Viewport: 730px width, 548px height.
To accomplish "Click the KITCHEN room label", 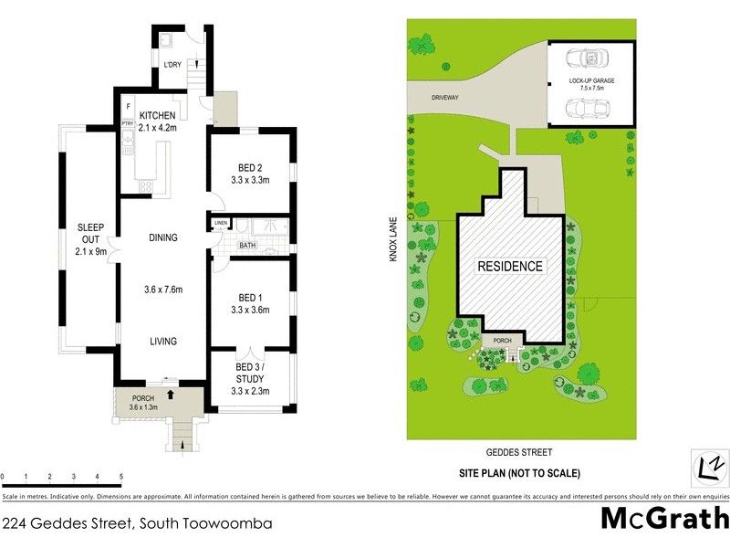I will (x=157, y=115).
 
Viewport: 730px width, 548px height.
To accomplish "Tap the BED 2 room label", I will (x=250, y=168).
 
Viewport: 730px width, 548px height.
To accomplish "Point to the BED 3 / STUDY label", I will (x=250, y=372).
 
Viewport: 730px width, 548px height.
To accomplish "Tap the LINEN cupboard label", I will (x=221, y=224).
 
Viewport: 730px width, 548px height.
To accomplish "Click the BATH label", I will (x=248, y=245).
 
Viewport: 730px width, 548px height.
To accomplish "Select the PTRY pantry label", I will (x=128, y=123).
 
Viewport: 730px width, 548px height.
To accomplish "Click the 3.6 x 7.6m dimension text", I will (x=163, y=290).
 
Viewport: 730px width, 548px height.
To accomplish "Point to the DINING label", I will (x=163, y=238).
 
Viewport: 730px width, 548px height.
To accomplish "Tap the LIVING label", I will (x=163, y=342).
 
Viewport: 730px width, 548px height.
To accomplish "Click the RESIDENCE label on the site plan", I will (x=511, y=267).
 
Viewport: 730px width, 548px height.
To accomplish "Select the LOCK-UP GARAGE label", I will (x=592, y=82).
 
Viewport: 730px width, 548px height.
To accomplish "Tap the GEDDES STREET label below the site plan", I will (x=520, y=452).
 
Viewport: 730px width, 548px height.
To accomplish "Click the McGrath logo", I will (x=664, y=519).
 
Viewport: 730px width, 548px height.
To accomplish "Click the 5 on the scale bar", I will (x=121, y=477).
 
